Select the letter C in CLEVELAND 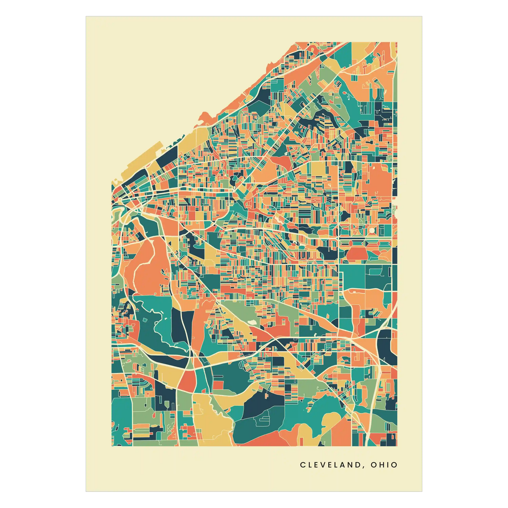302,465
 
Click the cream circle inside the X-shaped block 371,230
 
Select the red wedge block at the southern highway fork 187,380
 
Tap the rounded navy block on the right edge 387,344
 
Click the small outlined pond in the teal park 144,320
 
